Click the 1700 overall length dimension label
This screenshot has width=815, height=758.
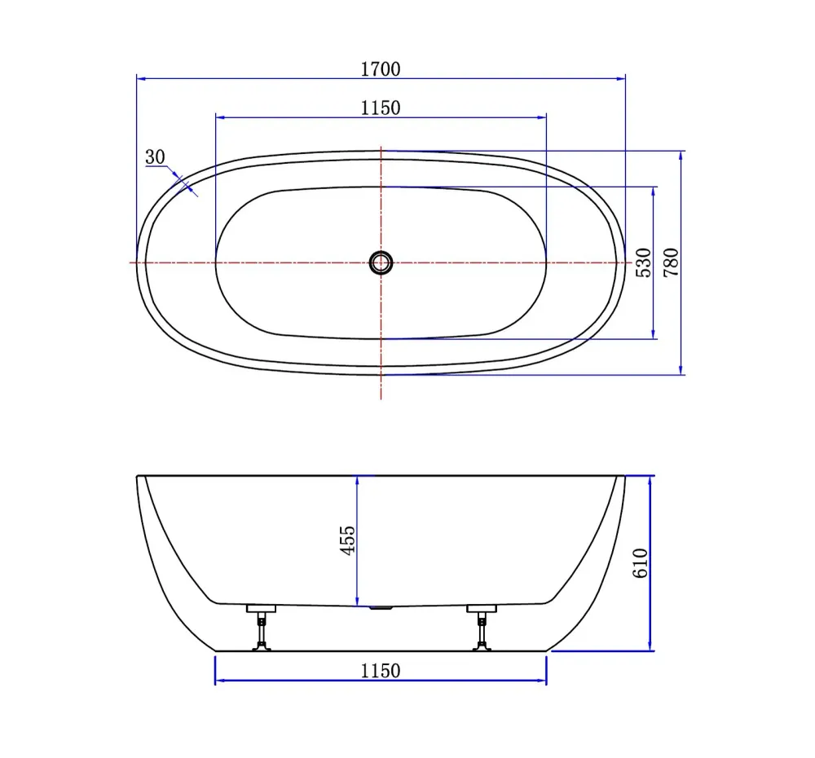point(381,69)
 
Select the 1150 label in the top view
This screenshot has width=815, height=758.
point(381,108)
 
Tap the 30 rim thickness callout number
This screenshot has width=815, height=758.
point(155,157)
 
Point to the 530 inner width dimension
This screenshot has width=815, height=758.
point(644,262)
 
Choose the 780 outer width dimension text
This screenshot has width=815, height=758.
point(671,262)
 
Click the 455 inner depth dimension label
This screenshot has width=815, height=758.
point(348,540)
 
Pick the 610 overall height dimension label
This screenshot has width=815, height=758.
point(641,563)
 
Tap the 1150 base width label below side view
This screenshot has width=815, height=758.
point(381,671)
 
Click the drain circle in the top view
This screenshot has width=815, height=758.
point(381,262)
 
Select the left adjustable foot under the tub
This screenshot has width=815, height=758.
point(262,628)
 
